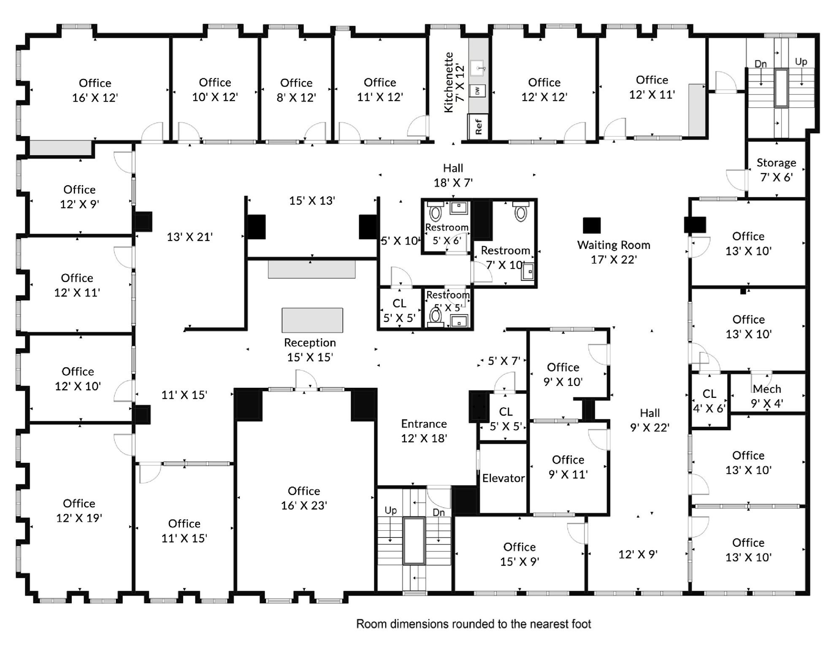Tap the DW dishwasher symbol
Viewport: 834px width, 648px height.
pos(477,91)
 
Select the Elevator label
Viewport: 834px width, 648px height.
pos(503,478)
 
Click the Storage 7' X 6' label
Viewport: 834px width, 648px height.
pos(776,170)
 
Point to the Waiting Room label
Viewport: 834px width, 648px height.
pos(614,245)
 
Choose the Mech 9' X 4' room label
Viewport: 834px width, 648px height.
pos(767,396)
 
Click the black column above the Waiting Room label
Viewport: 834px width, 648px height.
pos(592,225)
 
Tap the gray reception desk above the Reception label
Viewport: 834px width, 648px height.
pos(312,320)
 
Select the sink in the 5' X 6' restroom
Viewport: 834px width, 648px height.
pos(459,208)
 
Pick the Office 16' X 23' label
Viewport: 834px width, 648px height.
pos(304,498)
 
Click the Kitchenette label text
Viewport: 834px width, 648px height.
pos(448,82)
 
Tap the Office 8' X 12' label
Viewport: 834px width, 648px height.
pos(296,90)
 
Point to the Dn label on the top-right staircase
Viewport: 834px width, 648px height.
pos(761,64)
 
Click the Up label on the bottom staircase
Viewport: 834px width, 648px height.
pos(390,510)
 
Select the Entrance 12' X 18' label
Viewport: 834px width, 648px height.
pos(424,431)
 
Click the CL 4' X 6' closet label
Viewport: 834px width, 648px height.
pos(709,401)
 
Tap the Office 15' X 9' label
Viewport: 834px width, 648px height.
pos(520,554)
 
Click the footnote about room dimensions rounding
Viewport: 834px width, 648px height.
pos(474,624)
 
